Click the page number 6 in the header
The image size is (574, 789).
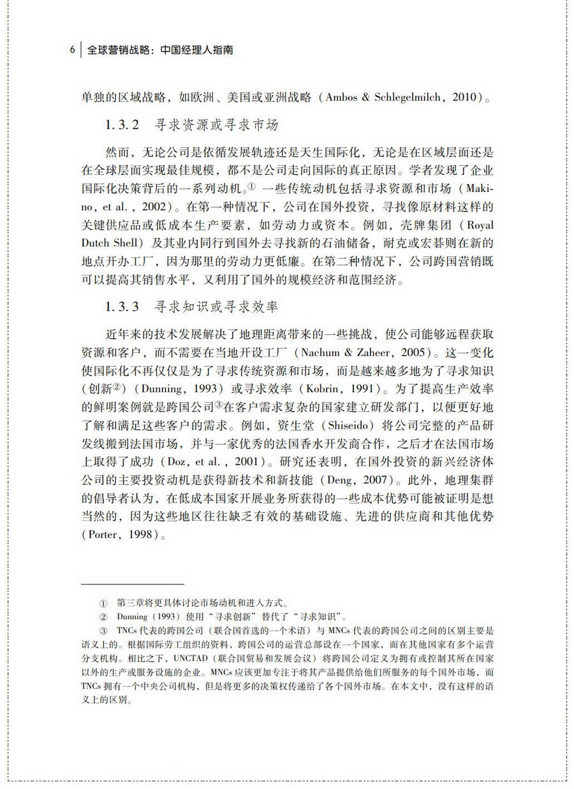(73, 49)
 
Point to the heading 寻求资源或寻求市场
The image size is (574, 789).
(216, 126)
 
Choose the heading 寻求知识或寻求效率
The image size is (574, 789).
(216, 307)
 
